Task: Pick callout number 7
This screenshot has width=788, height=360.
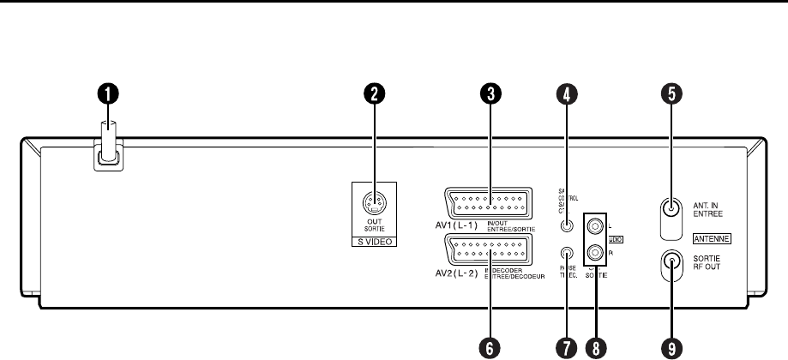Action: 566,346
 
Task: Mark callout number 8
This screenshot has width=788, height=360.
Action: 595,346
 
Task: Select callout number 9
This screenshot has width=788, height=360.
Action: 672,346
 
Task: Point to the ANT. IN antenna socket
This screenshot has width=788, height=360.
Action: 672,209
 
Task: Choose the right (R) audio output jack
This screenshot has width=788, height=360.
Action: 595,254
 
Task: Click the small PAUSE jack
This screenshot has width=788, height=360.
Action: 566,254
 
